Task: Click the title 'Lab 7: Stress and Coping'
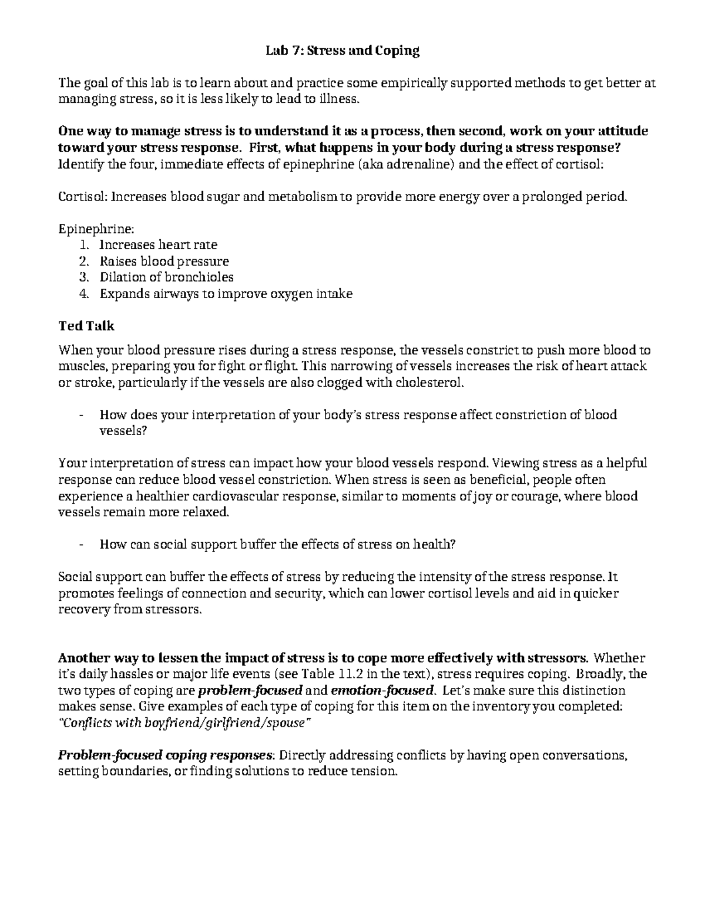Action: (341, 51)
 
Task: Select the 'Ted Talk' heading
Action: (86, 326)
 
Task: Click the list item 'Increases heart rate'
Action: (158, 245)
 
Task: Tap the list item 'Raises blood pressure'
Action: (164, 261)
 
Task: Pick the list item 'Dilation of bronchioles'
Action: (166, 277)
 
